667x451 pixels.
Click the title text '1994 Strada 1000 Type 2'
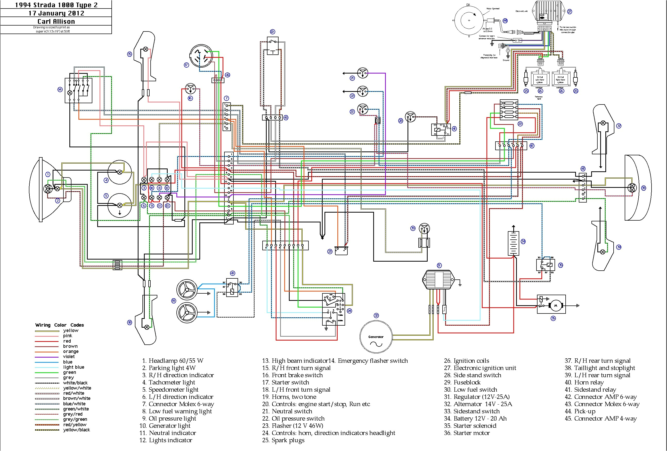click(56, 5)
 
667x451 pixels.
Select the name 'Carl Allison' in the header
click(56, 21)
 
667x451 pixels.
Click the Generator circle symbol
click(376, 337)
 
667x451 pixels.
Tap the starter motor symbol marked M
click(555, 305)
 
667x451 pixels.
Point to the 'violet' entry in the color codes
click(69, 357)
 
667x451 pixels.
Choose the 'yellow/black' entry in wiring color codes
click(76, 430)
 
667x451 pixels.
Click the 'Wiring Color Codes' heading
click(59, 325)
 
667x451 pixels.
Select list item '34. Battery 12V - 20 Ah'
click(475, 418)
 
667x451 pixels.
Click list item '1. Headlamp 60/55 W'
click(173, 361)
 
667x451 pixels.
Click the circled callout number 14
click(60, 90)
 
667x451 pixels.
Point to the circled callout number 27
click(570, 12)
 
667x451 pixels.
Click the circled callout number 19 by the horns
click(174, 301)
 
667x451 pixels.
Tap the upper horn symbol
click(186, 289)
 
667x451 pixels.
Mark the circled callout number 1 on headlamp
click(48, 174)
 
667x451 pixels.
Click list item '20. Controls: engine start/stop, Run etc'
click(316, 404)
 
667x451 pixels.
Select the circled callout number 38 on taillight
click(644, 188)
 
